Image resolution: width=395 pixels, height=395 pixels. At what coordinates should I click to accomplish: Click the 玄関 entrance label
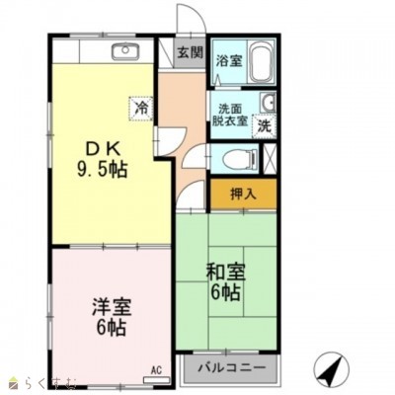pos(191,53)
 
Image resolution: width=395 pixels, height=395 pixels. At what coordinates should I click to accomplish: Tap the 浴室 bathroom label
pos(229,60)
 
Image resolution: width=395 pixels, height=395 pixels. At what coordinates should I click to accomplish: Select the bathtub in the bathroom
pos(262,63)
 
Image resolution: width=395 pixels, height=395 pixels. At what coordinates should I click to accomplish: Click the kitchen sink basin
pos(125,50)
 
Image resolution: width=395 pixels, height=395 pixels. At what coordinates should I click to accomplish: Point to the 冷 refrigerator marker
pos(142,109)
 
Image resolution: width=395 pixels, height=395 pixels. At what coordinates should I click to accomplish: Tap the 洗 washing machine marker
pos(265,125)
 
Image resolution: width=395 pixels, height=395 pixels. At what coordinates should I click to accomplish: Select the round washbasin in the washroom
pos(269,103)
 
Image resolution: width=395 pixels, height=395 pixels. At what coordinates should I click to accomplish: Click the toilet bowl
pos(240,160)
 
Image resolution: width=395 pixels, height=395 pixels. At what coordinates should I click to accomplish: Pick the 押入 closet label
pos(243,194)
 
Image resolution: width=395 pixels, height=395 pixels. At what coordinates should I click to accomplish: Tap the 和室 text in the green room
pos(226,273)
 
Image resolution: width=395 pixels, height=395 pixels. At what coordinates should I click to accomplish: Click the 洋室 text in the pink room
pos(112,307)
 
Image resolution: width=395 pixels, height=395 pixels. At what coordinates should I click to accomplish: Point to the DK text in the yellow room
pos(102,151)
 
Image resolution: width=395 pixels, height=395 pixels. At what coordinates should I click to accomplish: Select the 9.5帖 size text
pos(102,169)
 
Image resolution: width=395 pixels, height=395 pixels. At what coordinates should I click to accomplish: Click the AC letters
pos(156,371)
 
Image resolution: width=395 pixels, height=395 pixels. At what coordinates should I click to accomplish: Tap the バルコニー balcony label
pos(231,367)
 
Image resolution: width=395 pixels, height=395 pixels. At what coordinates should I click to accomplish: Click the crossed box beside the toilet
pos(271,159)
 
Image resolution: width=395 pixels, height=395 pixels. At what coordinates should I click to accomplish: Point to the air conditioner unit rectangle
pos(157,379)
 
